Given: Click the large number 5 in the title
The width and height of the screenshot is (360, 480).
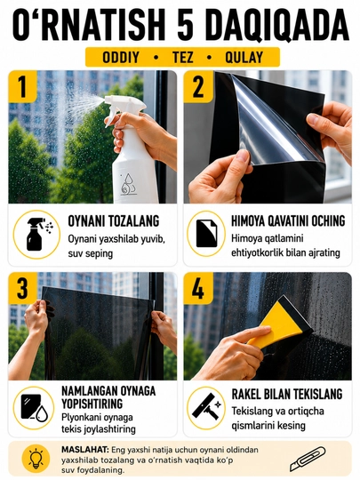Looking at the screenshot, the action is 186,25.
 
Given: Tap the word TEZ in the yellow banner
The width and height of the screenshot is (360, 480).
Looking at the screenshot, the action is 182,57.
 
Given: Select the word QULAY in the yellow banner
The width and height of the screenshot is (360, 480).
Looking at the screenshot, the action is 244,57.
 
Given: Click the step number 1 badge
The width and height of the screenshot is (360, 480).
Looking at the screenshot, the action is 22,86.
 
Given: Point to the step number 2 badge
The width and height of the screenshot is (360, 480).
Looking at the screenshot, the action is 198,86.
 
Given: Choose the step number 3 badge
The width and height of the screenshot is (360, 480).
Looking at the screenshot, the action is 22,288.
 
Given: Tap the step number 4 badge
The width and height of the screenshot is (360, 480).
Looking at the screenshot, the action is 198,288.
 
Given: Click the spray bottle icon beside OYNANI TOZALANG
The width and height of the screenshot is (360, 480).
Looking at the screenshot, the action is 36,234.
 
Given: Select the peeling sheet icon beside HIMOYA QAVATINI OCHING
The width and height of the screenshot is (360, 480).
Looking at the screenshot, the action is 206,233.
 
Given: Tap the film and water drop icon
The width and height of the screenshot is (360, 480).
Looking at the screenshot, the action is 34,407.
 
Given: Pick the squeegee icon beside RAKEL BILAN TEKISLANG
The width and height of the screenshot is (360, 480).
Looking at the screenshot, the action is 206,407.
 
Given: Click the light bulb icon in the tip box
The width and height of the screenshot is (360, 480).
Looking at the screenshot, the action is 36,459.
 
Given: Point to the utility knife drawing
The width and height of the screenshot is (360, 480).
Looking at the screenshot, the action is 308,459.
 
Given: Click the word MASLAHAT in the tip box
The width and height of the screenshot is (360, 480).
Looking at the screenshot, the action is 84,450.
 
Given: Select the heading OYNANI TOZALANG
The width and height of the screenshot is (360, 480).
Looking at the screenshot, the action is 114,220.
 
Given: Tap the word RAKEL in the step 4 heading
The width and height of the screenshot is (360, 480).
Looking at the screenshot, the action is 246,394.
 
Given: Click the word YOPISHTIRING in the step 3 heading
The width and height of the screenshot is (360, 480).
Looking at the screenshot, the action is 92,404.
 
